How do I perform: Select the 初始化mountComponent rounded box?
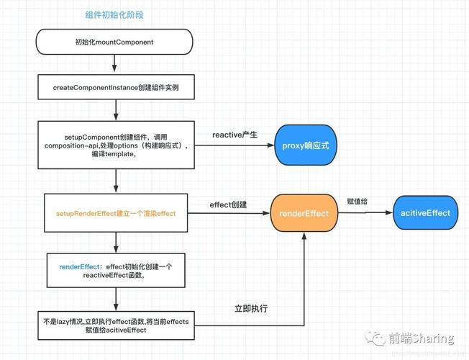click(x=116, y=42)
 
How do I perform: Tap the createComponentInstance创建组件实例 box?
click(x=116, y=87)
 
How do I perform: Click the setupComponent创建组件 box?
click(x=116, y=145)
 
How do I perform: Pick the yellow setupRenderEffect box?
click(x=116, y=213)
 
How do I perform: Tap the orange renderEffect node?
click(x=304, y=213)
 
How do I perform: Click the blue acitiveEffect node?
click(x=426, y=213)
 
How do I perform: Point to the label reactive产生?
click(x=234, y=135)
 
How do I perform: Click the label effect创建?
click(x=228, y=204)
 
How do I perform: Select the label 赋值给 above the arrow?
click(x=358, y=202)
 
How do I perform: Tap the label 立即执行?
click(x=251, y=308)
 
